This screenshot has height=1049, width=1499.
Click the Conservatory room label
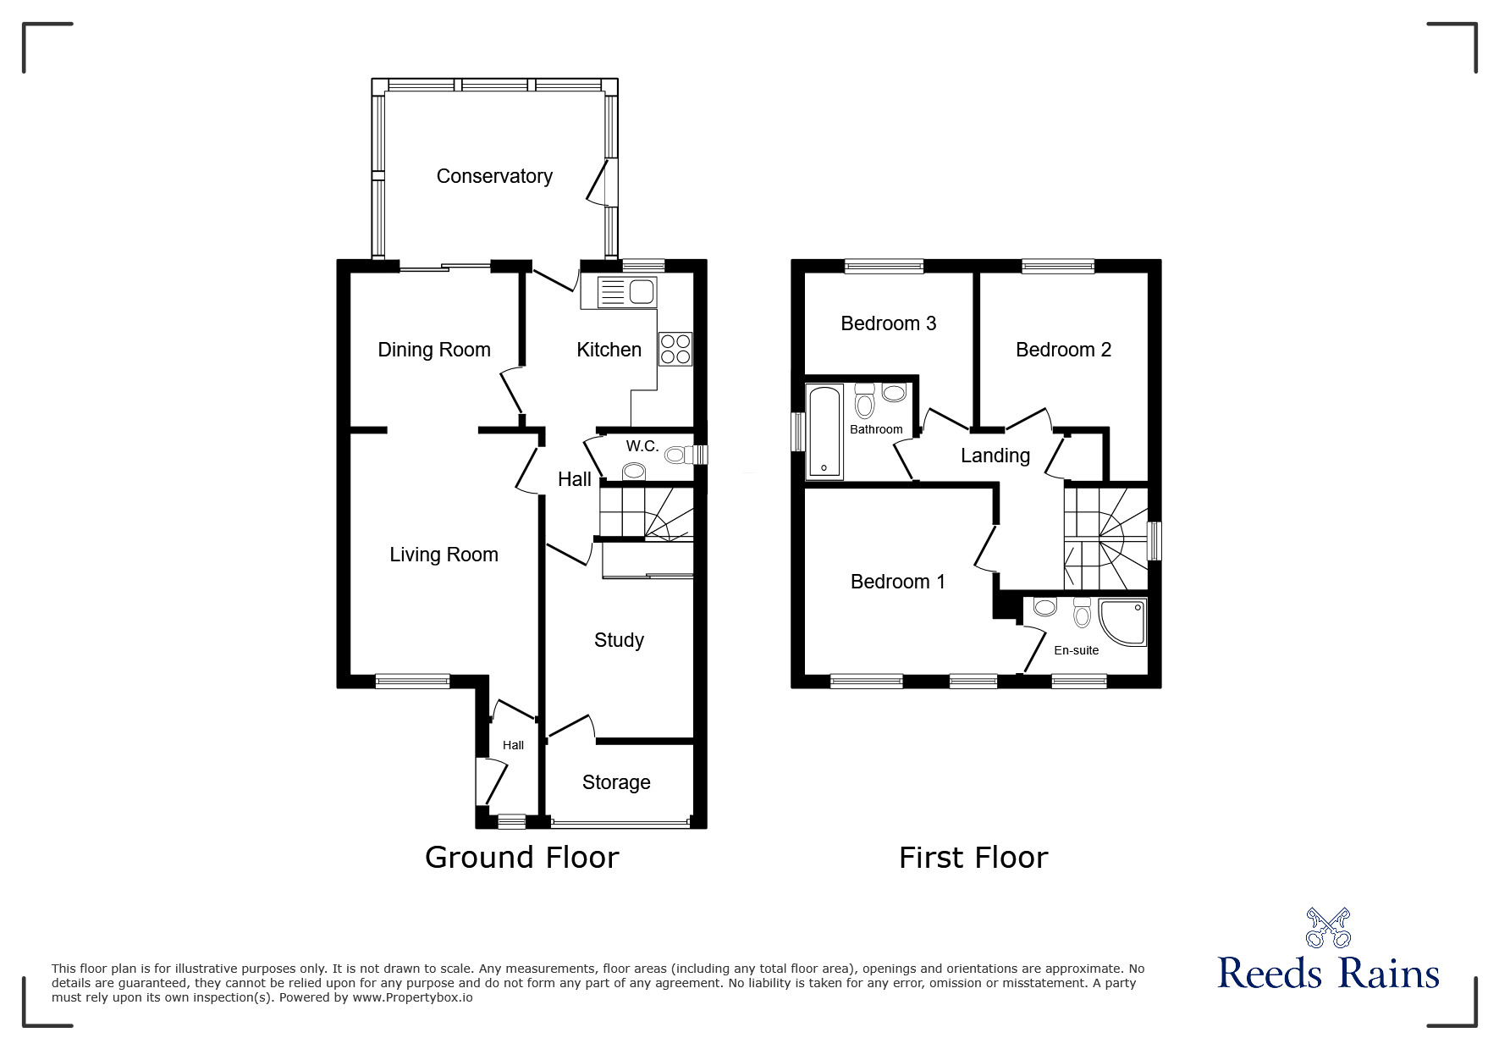click(x=494, y=176)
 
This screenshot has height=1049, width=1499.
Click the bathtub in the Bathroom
click(x=824, y=431)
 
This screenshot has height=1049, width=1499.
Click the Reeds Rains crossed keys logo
click(x=1328, y=928)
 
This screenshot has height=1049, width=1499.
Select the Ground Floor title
click(x=521, y=858)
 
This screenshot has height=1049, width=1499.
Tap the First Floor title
click(x=973, y=858)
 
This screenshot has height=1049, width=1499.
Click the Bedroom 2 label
click(x=1063, y=350)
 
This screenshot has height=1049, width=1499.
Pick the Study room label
click(x=619, y=640)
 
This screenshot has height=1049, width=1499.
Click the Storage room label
click(x=616, y=782)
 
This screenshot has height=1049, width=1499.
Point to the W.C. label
click(x=642, y=446)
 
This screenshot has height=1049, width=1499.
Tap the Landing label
click(x=995, y=455)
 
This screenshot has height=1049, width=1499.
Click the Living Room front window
click(x=412, y=681)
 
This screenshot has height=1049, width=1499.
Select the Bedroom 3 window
click(x=884, y=266)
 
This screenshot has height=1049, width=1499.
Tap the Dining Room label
click(x=434, y=350)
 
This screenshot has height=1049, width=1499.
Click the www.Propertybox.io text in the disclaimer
click(x=413, y=997)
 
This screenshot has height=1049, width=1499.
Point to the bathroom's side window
click(x=797, y=432)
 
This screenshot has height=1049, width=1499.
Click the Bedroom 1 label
click(x=897, y=582)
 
